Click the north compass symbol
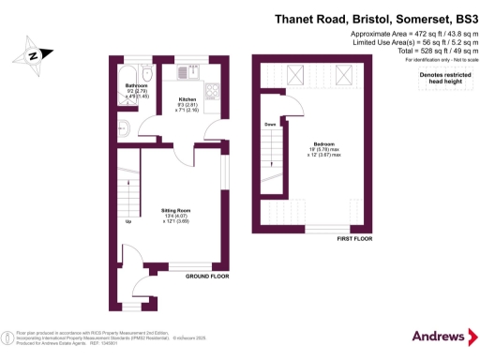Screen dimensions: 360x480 (x=32, y=54)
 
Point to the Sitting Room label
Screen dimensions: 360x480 (x=177, y=216)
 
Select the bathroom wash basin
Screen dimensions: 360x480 (x=122, y=130)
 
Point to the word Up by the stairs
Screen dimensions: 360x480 (x=127, y=222)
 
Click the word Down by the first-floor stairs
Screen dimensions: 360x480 (x=269, y=124)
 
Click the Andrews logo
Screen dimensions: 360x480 (x=439, y=336)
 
